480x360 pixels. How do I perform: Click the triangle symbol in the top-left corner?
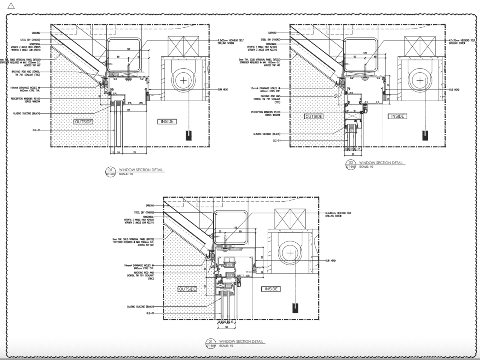[11, 5]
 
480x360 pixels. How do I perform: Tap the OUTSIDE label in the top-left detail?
[84, 121]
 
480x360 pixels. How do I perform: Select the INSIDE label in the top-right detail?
[397, 116]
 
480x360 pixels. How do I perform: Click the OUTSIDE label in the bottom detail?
[187, 289]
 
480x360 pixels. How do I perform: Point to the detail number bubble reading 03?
[351, 163]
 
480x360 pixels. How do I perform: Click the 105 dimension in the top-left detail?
[129, 110]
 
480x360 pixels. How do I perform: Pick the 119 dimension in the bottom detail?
[235, 228]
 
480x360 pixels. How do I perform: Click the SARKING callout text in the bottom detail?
[150, 205]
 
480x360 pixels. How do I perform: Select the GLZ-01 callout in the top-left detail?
[36, 130]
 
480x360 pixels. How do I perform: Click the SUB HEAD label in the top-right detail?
[454, 90]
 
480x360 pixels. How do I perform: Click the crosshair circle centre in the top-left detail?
[183, 80]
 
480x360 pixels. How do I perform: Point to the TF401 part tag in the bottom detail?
[248, 272]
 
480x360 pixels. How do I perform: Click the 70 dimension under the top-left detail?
[134, 153]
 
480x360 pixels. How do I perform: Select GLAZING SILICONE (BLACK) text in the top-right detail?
[267, 134]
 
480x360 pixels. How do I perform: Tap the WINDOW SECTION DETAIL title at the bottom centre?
[241, 342]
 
